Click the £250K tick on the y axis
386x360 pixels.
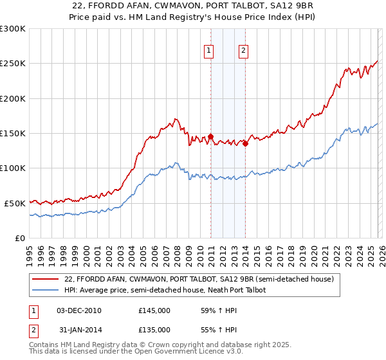click(x=13, y=64)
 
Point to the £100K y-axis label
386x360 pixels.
click(x=13, y=168)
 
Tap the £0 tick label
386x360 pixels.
click(x=19, y=238)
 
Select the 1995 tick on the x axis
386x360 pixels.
click(x=30, y=251)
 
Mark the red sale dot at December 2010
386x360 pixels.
click(x=210, y=136)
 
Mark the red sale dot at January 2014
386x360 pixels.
click(x=246, y=143)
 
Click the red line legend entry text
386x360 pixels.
click(x=199, y=280)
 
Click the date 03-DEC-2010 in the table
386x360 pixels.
click(x=79, y=310)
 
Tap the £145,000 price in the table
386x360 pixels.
click(x=154, y=310)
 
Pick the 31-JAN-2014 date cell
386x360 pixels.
click(x=79, y=328)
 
